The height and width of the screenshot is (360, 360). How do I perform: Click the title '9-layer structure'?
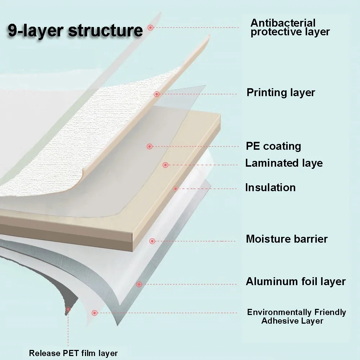click(75, 31)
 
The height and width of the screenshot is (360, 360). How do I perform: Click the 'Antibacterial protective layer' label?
click(290, 27)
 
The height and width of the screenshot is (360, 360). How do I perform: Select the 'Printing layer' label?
click(280, 93)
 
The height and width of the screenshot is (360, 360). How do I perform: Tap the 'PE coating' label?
click(273, 146)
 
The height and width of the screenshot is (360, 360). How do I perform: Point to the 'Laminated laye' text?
click(284, 163)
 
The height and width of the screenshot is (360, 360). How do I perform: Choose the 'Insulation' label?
click(270, 188)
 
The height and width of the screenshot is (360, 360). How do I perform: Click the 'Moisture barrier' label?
click(287, 239)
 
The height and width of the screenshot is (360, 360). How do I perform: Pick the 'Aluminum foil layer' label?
click(296, 281)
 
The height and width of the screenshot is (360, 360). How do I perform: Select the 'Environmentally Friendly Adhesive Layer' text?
click(296, 316)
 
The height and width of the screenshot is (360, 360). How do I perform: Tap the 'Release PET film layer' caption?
click(73, 353)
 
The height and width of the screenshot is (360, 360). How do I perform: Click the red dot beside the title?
click(150, 27)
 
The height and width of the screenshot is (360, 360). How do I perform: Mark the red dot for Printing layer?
click(157, 94)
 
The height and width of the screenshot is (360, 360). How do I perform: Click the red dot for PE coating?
click(150, 146)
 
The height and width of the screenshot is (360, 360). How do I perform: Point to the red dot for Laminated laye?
click(165, 165)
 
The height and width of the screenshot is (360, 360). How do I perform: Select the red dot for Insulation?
click(176, 188)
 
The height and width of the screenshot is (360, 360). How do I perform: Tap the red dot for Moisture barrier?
click(152, 241)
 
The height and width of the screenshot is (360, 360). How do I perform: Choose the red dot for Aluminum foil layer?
click(139, 284)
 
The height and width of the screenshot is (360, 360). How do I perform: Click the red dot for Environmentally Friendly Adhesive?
click(94, 313)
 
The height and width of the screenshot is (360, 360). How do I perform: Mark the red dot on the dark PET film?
click(68, 309)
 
